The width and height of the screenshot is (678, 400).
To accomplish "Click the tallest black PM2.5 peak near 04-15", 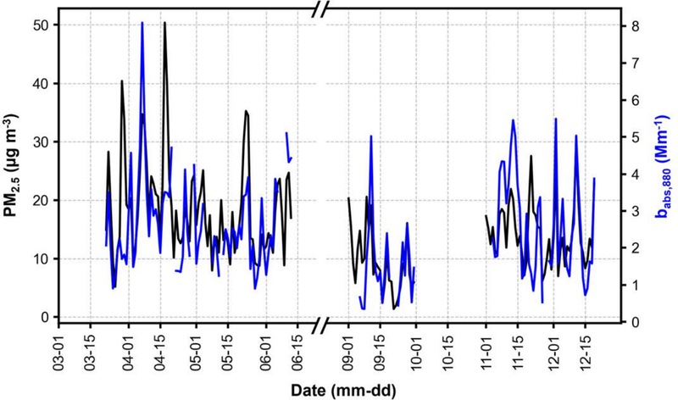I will (x=164, y=23).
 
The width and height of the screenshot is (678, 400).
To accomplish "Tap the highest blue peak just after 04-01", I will (x=142, y=23).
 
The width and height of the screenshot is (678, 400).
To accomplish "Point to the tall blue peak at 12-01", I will (x=555, y=119).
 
